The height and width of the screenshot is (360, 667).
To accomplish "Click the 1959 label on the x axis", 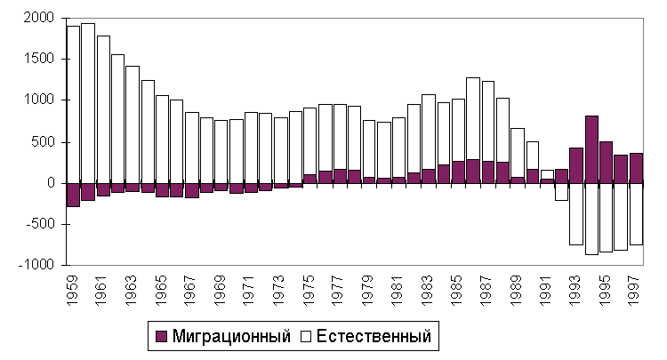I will (x=73, y=291).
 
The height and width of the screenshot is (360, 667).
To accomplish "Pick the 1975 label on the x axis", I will (x=309, y=291).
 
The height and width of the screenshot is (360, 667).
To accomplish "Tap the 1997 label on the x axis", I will (x=635, y=291).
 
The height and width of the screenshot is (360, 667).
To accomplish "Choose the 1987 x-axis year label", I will (x=487, y=291).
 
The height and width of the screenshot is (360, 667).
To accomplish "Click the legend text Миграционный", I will (x=230, y=337).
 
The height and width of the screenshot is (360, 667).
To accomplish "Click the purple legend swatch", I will (x=160, y=337).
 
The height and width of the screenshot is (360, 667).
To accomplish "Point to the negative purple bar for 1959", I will (x=73, y=195).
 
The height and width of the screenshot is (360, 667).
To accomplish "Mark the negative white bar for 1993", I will (x=576, y=213).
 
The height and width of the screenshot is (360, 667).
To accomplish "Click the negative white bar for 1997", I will (x=635, y=213).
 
